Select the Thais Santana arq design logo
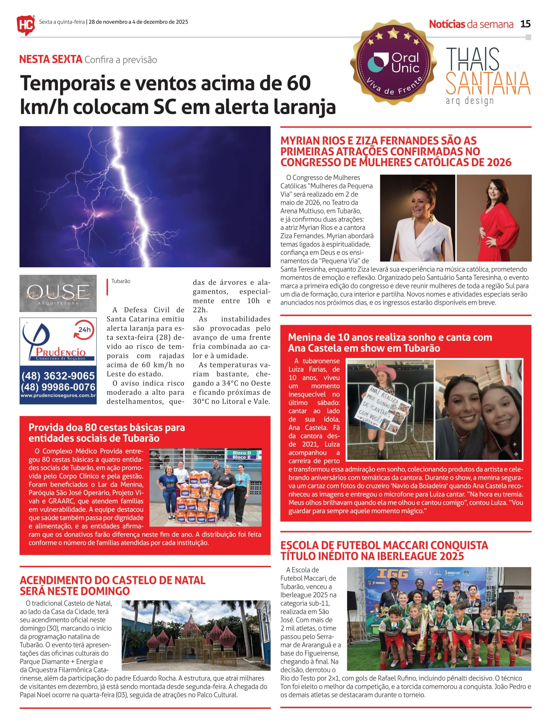tap(488, 76)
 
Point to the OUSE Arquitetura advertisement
tap(58, 293)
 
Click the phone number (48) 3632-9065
tap(58, 376)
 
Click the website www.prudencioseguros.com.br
tap(58, 395)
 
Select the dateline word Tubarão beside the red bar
tap(121, 281)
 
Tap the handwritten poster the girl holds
tap(384, 408)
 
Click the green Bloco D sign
tap(242, 453)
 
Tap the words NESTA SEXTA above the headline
tap(51, 60)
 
